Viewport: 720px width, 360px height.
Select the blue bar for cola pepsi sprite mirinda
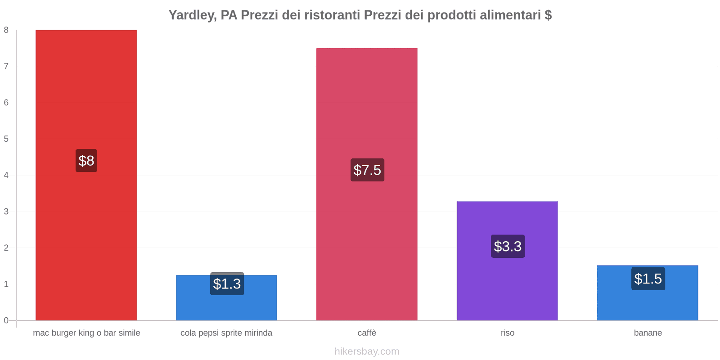[x=226, y=306]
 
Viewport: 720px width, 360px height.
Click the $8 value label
[x=86, y=161]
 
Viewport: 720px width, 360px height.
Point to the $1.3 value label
[x=227, y=284]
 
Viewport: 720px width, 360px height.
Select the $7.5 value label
[x=367, y=170]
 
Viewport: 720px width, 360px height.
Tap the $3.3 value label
[x=508, y=246]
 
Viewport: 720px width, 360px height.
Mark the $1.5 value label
[x=648, y=279]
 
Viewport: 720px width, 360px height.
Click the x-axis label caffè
[x=367, y=333]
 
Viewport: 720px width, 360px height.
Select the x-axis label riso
[x=507, y=333]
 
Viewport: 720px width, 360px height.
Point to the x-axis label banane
[x=648, y=333]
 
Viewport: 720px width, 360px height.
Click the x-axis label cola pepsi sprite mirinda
[x=226, y=333]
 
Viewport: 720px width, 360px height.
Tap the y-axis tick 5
[x=6, y=139]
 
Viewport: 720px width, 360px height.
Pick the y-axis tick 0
[x=6, y=320]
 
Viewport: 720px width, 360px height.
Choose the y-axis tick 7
[x=6, y=67]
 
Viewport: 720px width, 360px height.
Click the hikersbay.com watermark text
[x=367, y=351]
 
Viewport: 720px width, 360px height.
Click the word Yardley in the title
[x=191, y=15]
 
